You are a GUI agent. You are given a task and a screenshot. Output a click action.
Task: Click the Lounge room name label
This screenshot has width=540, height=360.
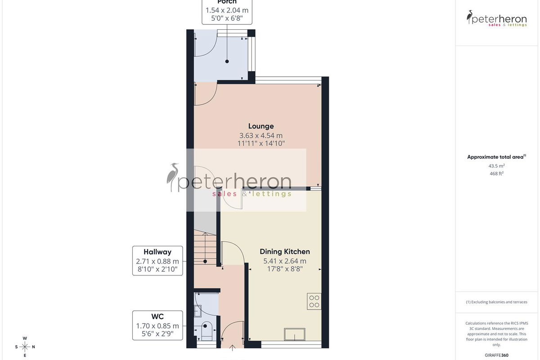click(x=261, y=126)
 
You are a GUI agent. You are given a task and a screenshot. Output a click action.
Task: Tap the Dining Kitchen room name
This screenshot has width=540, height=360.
click(x=285, y=252)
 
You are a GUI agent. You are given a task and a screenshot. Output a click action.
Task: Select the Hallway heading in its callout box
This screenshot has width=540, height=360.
click(x=157, y=252)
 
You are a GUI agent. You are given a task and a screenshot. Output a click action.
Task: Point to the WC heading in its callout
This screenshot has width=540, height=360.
click(x=157, y=316)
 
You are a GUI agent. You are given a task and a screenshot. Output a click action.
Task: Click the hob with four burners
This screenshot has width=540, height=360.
click(x=314, y=301)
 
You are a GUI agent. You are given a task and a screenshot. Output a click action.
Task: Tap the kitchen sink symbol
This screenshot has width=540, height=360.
click(x=295, y=334)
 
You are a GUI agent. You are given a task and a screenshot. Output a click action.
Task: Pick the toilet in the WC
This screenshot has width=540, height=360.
click(x=207, y=331)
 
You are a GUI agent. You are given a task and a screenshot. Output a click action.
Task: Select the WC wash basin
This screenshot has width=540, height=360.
click(x=198, y=311)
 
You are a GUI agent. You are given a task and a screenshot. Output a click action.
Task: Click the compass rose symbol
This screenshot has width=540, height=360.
click(x=25, y=347)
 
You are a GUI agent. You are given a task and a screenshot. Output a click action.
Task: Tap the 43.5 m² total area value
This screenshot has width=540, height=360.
click(x=496, y=166)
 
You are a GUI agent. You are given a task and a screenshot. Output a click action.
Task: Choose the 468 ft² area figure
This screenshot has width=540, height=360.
click(x=496, y=173)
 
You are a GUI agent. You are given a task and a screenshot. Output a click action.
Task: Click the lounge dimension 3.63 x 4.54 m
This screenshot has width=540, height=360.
click(x=261, y=135)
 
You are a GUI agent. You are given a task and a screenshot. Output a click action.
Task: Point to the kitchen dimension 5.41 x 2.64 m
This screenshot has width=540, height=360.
click(x=285, y=261)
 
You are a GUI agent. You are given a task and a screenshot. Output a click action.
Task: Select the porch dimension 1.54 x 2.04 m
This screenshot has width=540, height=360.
click(x=227, y=10)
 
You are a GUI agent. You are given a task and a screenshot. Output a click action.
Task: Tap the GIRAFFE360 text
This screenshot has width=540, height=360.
click(x=496, y=355)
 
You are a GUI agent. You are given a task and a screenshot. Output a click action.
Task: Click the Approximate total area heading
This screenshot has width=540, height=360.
click(x=496, y=157)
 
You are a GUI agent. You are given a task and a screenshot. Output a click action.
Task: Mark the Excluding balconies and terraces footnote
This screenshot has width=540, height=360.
click(x=496, y=302)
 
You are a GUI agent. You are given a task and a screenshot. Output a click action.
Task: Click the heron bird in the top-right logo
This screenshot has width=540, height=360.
click(x=469, y=17)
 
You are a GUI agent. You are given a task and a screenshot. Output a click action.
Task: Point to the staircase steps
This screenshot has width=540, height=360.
click(x=205, y=248)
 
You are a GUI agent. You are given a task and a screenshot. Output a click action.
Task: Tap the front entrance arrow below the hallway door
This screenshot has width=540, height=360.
click(x=232, y=348)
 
